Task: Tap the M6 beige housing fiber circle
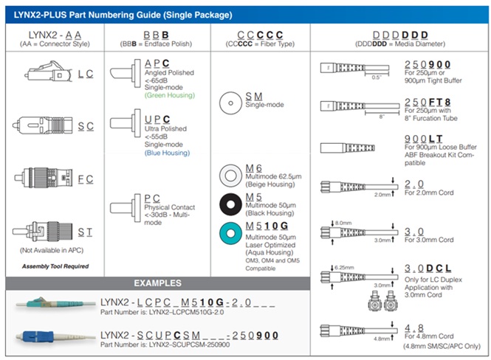coord(231,177)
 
